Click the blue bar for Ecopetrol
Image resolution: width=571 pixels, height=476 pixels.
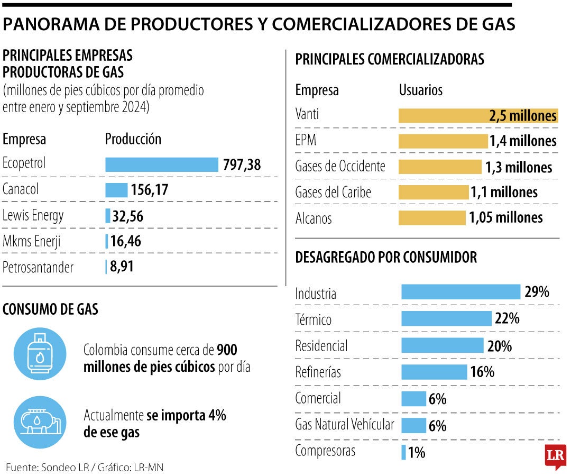(162, 164)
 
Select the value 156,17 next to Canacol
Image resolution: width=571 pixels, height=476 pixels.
(150, 190)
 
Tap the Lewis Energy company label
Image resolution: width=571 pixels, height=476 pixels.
(33, 216)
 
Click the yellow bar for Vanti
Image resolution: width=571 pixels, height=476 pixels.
(478, 116)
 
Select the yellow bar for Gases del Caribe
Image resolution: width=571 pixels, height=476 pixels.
(433, 192)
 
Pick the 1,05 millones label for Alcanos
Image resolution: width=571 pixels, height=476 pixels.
(506, 217)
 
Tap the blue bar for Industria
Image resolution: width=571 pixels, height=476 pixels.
(461, 292)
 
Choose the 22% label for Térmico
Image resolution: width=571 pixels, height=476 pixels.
(507, 318)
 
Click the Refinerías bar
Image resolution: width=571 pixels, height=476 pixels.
(434, 372)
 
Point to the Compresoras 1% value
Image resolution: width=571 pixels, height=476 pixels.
(417, 453)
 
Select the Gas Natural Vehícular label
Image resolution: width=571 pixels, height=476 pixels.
(345, 425)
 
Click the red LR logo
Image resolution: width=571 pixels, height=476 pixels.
(555, 455)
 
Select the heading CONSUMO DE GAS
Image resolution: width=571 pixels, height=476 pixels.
(51, 309)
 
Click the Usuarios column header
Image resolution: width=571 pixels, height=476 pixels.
(420, 90)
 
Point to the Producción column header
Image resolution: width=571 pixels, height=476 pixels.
(133, 139)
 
